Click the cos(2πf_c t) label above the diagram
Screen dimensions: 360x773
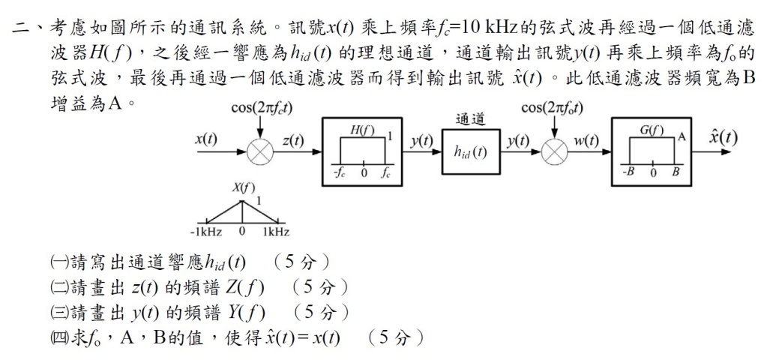pyautogui.click(x=262, y=109)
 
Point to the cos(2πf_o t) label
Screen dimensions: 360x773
pyautogui.click(x=556, y=109)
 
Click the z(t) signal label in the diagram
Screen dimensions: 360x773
pyautogui.click(x=293, y=140)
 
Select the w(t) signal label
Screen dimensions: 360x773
pyautogui.click(x=584, y=140)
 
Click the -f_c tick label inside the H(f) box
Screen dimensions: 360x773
pyautogui.click(x=339, y=172)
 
